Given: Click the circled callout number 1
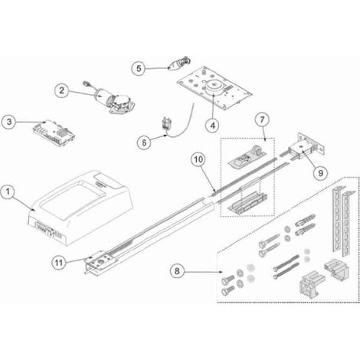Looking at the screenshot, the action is point(8,191).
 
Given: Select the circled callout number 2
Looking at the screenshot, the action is point(61,90).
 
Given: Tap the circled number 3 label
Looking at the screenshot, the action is point(9,122).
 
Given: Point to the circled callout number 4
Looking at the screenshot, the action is point(212,125).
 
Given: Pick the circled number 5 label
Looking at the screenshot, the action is point(139,68).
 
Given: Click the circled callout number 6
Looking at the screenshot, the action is point(144,142).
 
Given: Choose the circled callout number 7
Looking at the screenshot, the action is point(263,119).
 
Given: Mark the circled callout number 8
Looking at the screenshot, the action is point(177,271).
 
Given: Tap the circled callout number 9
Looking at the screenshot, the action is point(320,173).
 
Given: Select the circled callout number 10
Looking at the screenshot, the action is point(198,159).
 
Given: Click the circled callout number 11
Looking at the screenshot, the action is point(59,263).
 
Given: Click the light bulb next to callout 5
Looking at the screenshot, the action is point(179,64).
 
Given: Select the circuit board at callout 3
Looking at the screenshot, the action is point(54,133).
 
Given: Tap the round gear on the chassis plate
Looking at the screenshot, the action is point(214,87).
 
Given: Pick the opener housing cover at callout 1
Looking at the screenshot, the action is point(80,208).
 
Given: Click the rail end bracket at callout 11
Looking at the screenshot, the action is point(100,263).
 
